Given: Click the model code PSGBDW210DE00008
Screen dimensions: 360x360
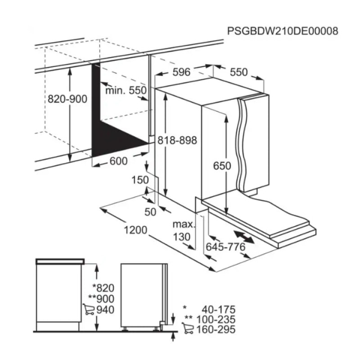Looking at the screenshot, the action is [283, 31].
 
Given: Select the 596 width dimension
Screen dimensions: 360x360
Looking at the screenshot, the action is [181, 72].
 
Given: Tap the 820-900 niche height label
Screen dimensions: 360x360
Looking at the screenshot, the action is [67, 99].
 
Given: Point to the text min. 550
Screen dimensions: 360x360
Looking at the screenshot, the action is [126, 90].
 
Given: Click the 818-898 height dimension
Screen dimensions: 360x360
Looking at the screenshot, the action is [177, 140].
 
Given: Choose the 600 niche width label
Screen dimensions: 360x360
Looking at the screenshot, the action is [118, 161].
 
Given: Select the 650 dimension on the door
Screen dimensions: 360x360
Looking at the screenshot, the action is [222, 166].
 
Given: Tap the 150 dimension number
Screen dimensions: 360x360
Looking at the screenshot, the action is [140, 180].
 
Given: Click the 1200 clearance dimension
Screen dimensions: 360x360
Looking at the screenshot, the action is [135, 230].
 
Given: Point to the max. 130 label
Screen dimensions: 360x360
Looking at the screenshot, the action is [184, 230].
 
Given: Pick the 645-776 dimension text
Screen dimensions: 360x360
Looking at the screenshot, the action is [225, 247].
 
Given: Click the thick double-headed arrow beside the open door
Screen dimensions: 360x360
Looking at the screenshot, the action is [244, 237].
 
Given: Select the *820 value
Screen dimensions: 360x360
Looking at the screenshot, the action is [103, 288].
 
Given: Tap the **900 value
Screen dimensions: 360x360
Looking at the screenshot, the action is [101, 299].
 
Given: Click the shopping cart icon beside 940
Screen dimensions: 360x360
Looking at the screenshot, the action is [88, 309].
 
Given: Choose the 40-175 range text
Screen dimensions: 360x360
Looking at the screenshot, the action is [219, 310].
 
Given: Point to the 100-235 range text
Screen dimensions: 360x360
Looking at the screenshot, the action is [216, 319].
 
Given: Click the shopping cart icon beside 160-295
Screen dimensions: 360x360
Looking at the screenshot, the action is [188, 328].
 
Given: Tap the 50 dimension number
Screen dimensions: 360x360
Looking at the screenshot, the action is [150, 212].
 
